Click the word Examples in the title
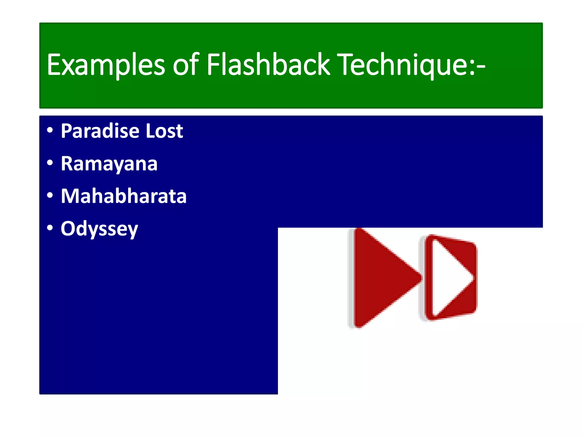click(x=106, y=65)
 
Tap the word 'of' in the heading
click(x=186, y=65)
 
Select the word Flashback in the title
click(x=268, y=65)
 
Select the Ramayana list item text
click(x=109, y=164)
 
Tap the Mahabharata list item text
click(x=124, y=196)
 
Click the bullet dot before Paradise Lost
click(x=50, y=130)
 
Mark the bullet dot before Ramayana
click(x=50, y=163)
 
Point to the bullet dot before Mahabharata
click(x=50, y=195)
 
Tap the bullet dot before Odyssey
click(x=50, y=228)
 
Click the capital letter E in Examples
click(x=54, y=65)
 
